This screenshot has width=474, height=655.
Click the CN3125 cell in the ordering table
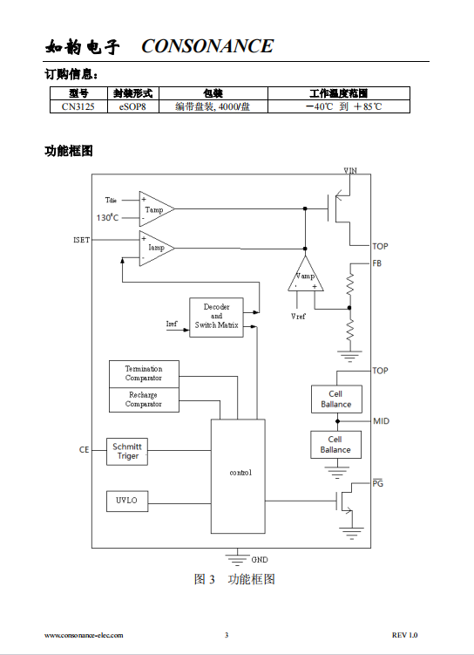[78, 106]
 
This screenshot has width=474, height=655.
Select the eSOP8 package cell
[133, 106]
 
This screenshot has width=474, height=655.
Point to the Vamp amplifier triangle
[306, 276]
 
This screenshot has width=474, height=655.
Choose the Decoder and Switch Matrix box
[216, 317]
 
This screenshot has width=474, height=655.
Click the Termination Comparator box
[144, 374]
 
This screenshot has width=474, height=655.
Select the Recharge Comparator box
[144, 399]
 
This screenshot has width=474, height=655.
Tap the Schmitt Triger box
[127, 452]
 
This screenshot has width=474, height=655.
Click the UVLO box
[127, 501]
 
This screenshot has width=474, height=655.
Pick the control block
[238, 476]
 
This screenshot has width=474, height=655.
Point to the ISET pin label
[81, 240]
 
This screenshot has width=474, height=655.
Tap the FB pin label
[376, 263]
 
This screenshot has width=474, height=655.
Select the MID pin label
[381, 421]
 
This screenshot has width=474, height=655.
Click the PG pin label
[377, 483]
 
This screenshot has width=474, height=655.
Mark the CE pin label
[84, 449]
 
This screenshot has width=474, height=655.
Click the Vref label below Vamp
[298, 317]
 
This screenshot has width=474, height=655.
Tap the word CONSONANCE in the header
[207, 46]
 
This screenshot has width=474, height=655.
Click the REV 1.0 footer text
[404, 635]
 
